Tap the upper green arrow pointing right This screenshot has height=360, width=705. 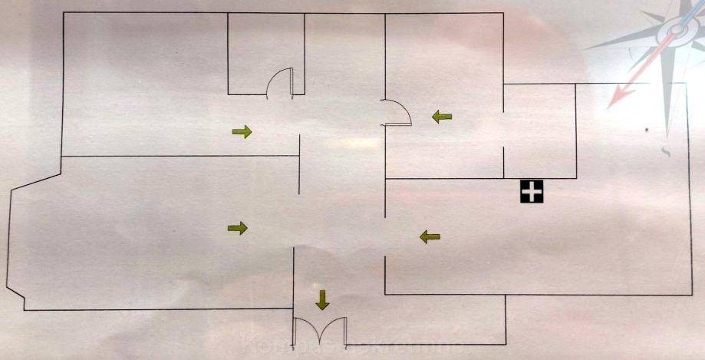point(242,132)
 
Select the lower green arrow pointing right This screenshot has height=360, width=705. point(239,227)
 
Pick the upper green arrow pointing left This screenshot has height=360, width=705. point(441,117)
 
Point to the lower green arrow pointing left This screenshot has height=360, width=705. point(430,237)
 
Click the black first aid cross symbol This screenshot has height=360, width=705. point(531,192)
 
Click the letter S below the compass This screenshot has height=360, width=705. point(666,151)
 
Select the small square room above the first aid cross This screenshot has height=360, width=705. point(539,130)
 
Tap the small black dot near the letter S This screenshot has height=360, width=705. point(647,128)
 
